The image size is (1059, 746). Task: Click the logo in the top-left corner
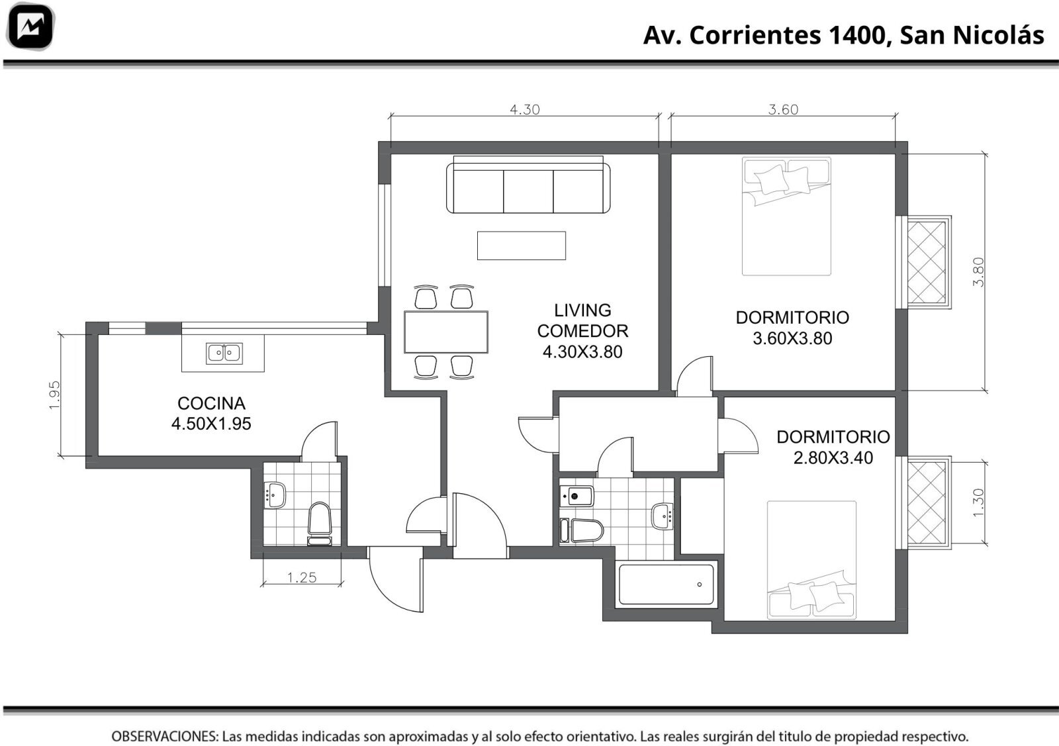tap(30, 26)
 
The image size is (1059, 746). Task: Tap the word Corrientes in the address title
tap(755, 36)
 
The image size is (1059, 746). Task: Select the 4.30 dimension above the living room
tap(524, 110)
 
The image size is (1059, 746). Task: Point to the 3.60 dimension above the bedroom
tap(783, 110)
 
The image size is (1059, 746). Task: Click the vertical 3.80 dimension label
tap(978, 272)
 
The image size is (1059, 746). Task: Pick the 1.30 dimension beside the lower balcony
tap(978, 502)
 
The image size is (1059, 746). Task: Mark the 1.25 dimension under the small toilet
tap(302, 577)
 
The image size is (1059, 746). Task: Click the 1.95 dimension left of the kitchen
tap(54, 395)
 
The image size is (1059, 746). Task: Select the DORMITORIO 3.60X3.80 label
tap(792, 328)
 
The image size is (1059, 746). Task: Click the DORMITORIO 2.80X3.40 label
tap(833, 447)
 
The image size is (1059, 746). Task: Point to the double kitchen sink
tap(224, 353)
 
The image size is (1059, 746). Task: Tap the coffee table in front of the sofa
tap(522, 246)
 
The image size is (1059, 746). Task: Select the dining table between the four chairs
tap(446, 332)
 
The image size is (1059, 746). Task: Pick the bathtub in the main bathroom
tap(666, 584)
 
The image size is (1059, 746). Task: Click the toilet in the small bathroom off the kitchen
tap(320, 524)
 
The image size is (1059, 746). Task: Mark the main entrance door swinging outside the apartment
tap(396, 581)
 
